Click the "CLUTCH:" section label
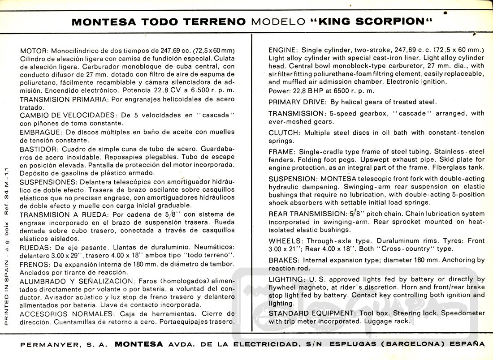[285, 133]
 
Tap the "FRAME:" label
[282, 152]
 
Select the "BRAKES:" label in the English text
[284, 260]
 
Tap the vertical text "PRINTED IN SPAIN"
[7, 295]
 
